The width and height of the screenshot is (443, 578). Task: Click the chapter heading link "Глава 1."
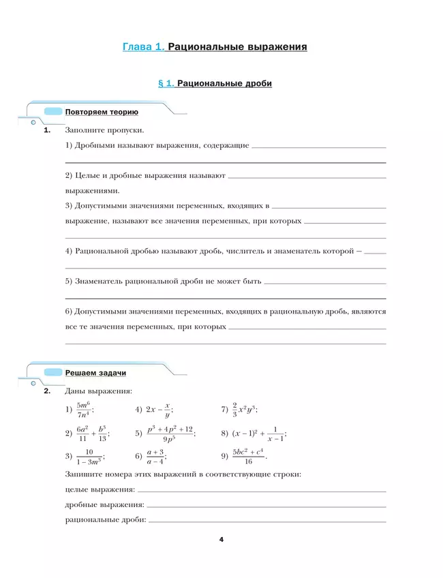(x=143, y=47)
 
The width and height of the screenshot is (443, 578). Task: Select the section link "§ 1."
(x=166, y=83)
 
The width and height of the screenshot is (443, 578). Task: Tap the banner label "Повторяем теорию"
(x=102, y=112)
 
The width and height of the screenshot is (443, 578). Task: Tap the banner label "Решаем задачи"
(x=95, y=373)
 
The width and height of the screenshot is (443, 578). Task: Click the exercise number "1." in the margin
(x=47, y=130)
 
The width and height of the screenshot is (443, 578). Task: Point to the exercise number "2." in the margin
(x=47, y=391)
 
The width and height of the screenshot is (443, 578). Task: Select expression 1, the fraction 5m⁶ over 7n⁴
(x=85, y=410)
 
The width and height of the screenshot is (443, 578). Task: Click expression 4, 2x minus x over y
(x=159, y=410)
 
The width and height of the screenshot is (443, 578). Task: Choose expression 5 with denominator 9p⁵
(x=170, y=433)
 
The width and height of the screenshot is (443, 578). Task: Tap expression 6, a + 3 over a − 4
(x=155, y=457)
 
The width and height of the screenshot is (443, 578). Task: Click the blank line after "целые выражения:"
(x=262, y=490)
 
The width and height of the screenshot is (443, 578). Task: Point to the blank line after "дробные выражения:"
(x=266, y=506)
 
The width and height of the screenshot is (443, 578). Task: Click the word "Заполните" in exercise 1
(x=85, y=130)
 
